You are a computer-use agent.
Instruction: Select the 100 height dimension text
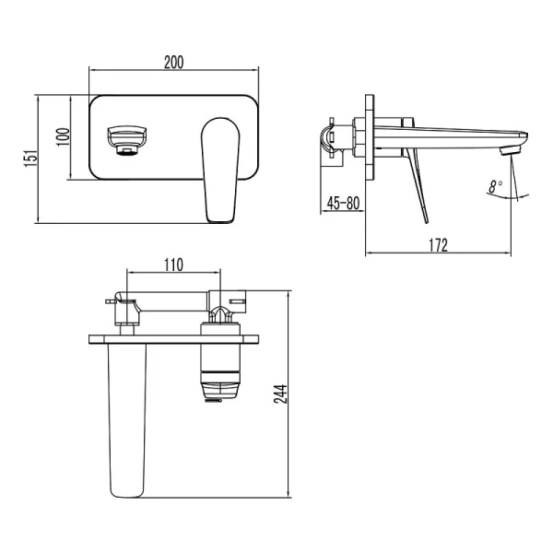pyautogui.click(x=62, y=136)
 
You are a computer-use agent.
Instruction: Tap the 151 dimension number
pyautogui.click(x=30, y=158)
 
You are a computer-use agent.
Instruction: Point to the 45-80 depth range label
pyautogui.click(x=341, y=203)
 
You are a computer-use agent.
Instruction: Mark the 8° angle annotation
pyautogui.click(x=497, y=186)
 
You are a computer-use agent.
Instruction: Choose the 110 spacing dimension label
pyautogui.click(x=172, y=265)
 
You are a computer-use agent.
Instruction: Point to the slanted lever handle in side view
pyautogui.click(x=416, y=184)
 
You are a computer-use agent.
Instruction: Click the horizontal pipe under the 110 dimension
pyautogui.click(x=171, y=300)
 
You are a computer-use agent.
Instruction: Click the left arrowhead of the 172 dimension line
pyautogui.click(x=370, y=252)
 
